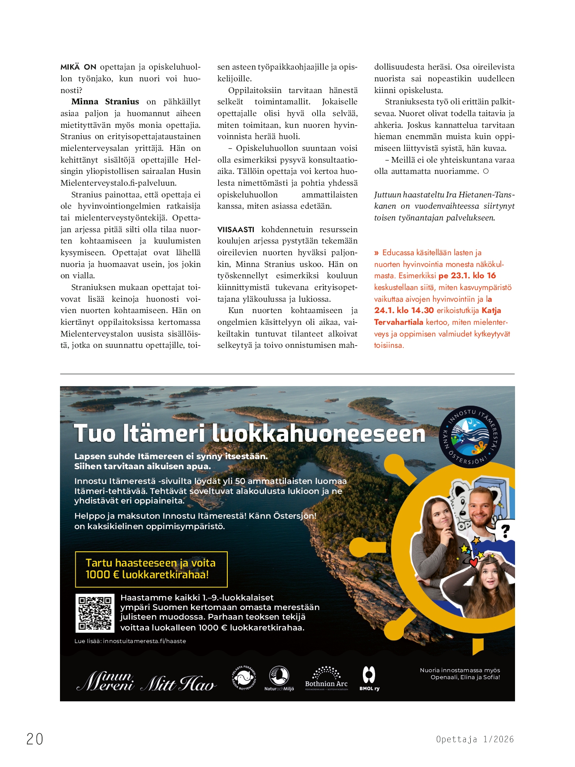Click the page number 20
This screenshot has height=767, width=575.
pos(35,739)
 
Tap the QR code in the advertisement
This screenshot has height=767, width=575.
pos(95,613)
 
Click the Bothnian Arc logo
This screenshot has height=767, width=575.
pos(326,678)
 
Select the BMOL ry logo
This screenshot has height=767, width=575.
pos(369,678)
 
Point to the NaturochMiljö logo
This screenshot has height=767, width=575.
pos(279,678)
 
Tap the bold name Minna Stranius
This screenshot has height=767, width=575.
pos(105,102)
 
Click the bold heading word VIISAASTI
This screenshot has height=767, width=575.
pos(236,230)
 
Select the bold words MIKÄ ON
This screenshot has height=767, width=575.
pos(78,67)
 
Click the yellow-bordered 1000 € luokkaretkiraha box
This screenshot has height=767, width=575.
pos(151,569)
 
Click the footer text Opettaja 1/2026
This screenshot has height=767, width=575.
pos(475,739)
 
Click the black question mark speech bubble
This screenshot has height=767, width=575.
pos(505,531)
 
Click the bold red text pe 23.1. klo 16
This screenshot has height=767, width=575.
pos(467,276)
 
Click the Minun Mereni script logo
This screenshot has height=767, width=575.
pos(105,680)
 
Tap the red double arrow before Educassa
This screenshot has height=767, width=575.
pos(376,253)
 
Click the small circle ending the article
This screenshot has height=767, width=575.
pos(486,171)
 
